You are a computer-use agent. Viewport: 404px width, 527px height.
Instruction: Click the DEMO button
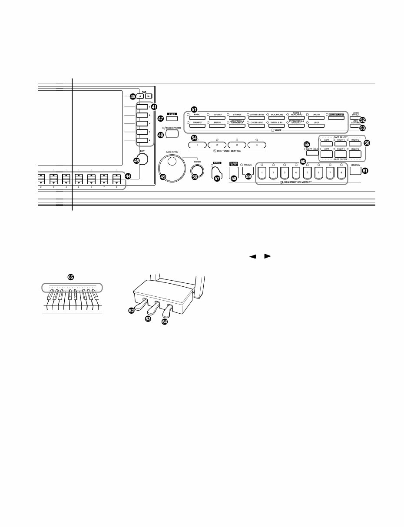172,119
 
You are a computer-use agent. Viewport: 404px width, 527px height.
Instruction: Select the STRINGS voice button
237,117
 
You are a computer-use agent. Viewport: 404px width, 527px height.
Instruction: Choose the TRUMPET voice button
197,126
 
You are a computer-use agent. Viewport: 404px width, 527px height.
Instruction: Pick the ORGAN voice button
316,117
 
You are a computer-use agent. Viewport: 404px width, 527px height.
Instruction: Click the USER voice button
316,126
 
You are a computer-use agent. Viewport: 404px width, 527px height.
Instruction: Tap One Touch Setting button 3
237,145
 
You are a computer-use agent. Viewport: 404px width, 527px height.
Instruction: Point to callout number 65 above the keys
71,276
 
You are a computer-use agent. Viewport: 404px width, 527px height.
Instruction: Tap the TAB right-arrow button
149,97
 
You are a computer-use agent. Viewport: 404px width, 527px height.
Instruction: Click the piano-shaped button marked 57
216,172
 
